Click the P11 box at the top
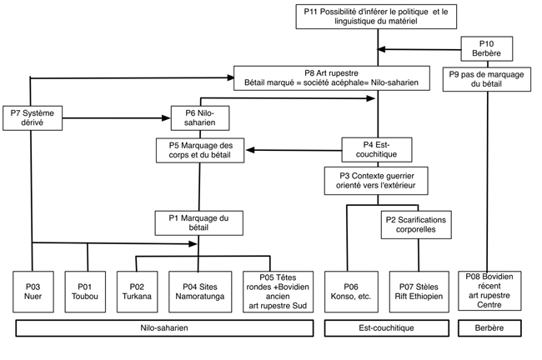376,17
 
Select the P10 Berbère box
487,48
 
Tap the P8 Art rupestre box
332,78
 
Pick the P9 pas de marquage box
487,79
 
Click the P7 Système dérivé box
33,118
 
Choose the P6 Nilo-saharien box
200,118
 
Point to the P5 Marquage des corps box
200,150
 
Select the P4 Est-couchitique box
377,150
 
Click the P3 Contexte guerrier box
376,181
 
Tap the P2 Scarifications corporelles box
416,225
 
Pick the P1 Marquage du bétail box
199,223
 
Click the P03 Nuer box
33,292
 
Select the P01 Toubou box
85,292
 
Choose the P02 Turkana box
138,292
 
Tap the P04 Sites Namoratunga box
200,292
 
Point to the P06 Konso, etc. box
351,292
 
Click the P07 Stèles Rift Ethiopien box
419,292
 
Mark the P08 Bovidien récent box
489,291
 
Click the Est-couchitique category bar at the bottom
387,327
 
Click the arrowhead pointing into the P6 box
166,118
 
